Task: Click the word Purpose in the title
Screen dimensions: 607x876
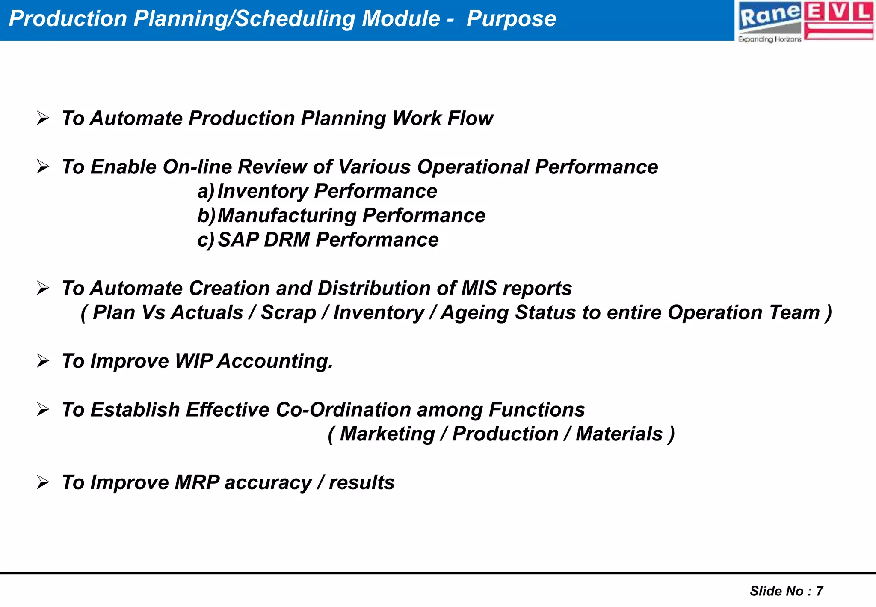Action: pyautogui.click(x=511, y=19)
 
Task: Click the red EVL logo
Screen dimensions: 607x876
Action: pyautogui.click(x=838, y=21)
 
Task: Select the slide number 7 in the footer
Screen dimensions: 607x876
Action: pyautogui.click(x=820, y=591)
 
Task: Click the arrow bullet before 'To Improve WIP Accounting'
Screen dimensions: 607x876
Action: pyautogui.click(x=43, y=361)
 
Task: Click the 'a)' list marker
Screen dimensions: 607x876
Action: pyautogui.click(x=205, y=191)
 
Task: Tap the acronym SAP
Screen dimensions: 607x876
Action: pyautogui.click(x=238, y=240)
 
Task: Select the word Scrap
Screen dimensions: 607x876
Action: pyautogui.click(x=288, y=312)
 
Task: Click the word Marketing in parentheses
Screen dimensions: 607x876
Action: pyautogui.click(x=387, y=434)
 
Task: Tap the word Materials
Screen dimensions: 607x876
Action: pyautogui.click(x=619, y=434)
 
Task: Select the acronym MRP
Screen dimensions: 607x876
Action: pyautogui.click(x=197, y=482)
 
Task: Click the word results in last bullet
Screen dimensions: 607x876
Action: pyautogui.click(x=361, y=483)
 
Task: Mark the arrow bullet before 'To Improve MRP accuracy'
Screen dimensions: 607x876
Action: pyautogui.click(x=43, y=482)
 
